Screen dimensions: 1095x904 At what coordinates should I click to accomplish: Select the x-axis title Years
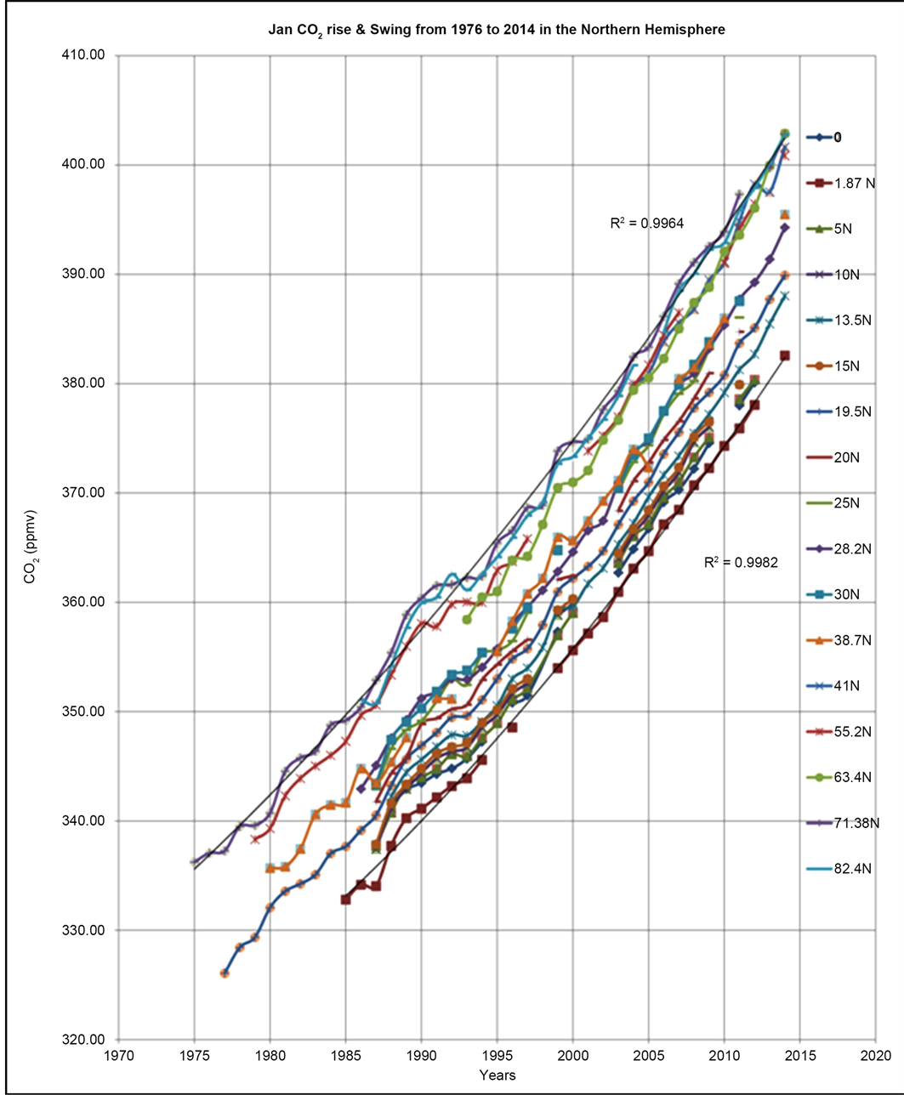coord(497,1075)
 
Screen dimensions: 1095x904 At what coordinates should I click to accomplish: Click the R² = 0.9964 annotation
coord(647,224)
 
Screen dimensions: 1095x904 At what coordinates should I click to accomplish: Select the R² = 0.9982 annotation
coord(742,562)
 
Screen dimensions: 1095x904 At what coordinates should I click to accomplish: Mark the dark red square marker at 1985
coord(345,899)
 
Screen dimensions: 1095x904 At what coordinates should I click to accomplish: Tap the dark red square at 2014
coord(784,355)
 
